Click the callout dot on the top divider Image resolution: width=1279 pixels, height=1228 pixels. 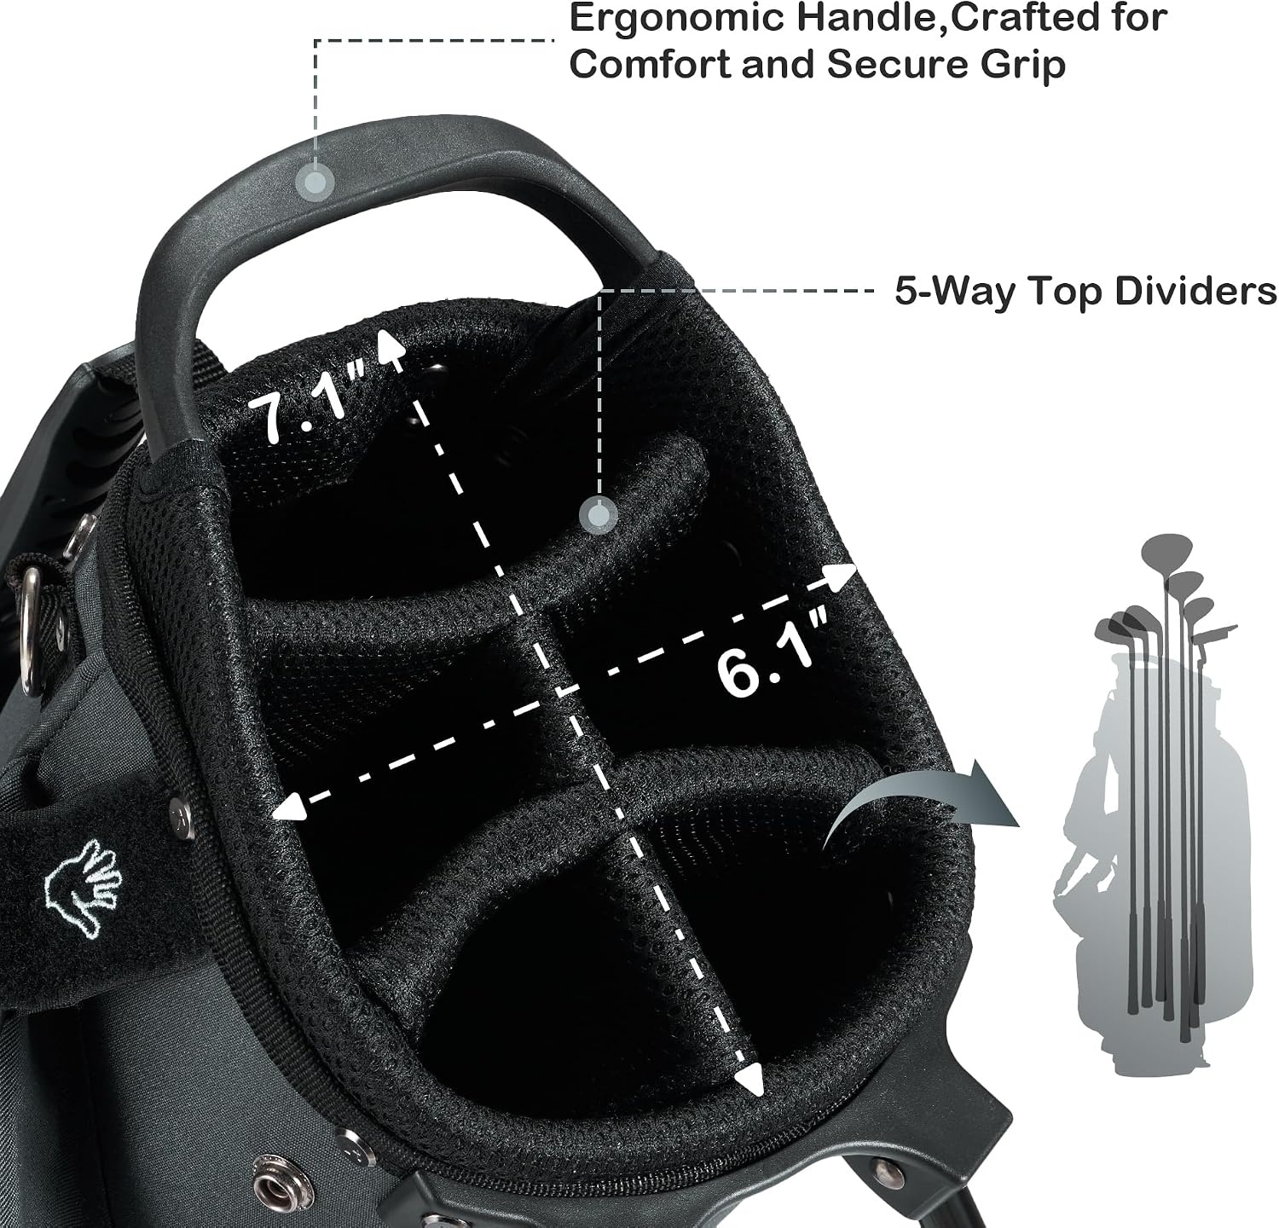pos(599,516)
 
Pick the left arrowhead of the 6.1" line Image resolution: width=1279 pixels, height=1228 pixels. pos(290,807)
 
